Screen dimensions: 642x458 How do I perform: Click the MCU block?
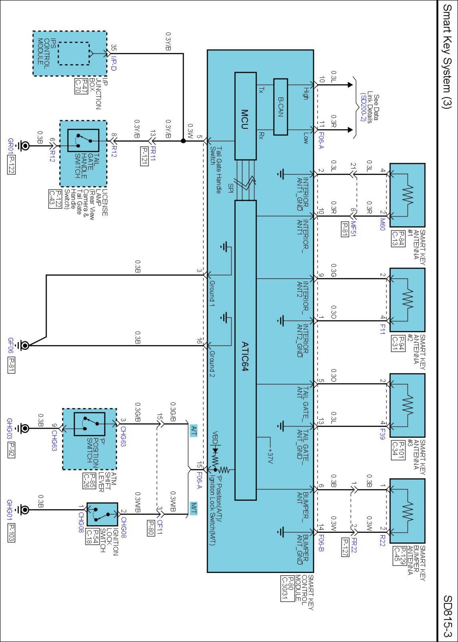click(245, 116)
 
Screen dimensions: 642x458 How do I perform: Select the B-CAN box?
click(280, 107)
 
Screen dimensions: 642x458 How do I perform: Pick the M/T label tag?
click(193, 508)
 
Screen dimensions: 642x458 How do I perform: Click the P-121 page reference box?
click(144, 156)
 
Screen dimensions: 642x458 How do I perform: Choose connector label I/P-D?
click(114, 63)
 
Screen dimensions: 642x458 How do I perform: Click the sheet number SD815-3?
click(448, 616)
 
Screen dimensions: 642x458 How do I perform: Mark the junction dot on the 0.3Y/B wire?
click(183, 141)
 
